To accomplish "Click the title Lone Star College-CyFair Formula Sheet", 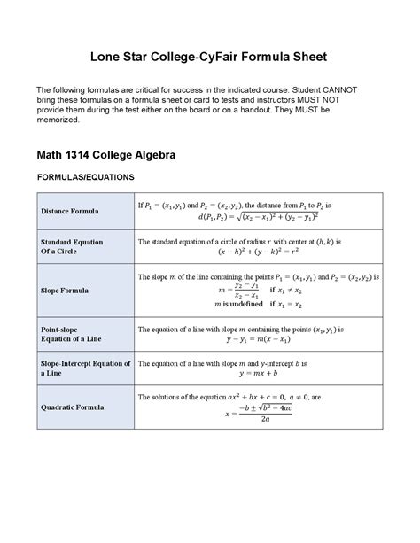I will click(x=210, y=57).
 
